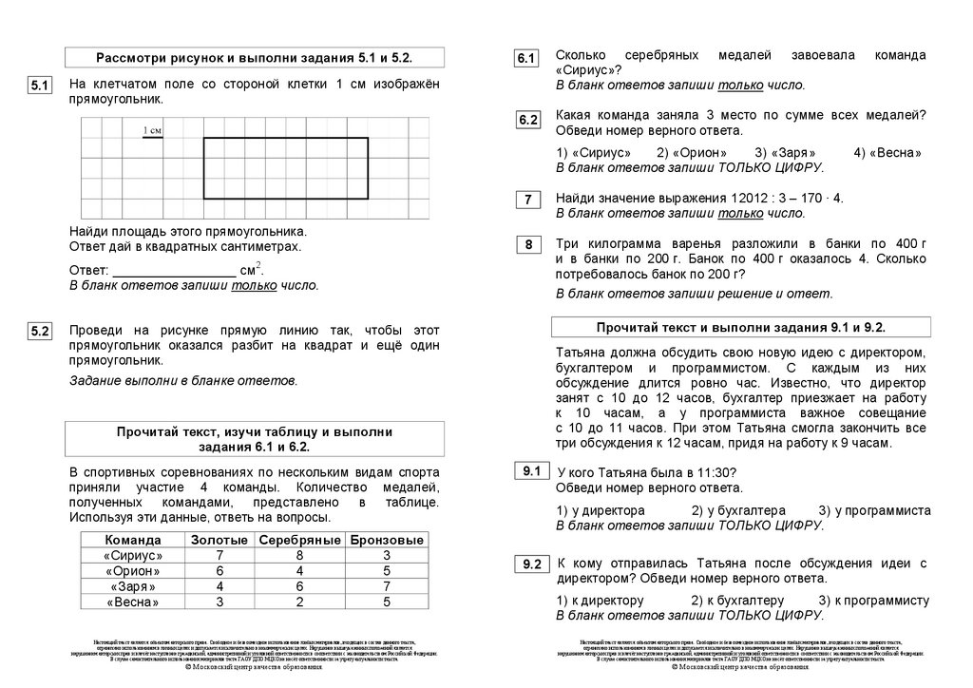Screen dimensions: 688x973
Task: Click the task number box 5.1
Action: pyautogui.click(x=39, y=86)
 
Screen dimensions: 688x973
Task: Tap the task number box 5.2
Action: pyautogui.click(x=39, y=332)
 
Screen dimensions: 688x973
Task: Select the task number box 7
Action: pyautogui.click(x=527, y=200)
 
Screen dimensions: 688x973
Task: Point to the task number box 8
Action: pyautogui.click(x=527, y=246)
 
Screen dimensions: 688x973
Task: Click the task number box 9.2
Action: pyautogui.click(x=530, y=565)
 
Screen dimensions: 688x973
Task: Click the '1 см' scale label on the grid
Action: pyautogui.click(x=152, y=130)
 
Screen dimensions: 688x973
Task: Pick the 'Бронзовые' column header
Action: pyautogui.click(x=387, y=540)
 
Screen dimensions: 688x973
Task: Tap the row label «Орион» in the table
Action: pyautogui.click(x=133, y=571)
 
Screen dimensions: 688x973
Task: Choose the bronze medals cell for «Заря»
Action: pyautogui.click(x=387, y=586)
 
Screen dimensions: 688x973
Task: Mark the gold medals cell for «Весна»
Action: pyautogui.click(x=219, y=602)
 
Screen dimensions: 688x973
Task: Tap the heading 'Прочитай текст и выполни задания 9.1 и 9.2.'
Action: pyautogui.click(x=741, y=327)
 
